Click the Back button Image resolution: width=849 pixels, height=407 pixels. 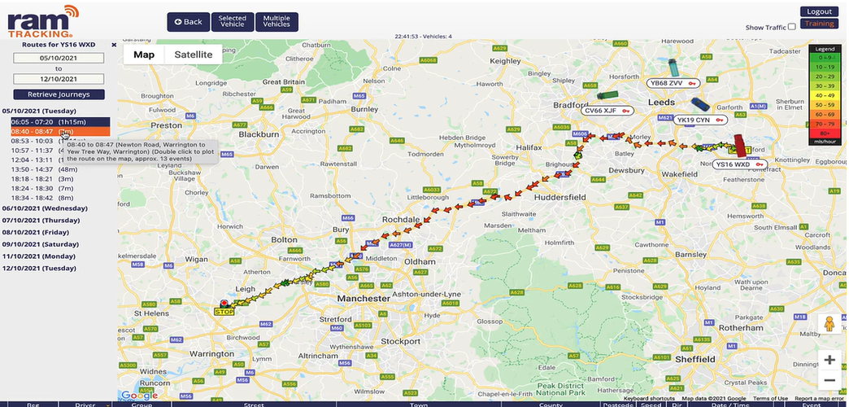pos(187,22)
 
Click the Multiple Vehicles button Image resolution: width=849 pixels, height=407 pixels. pos(276,22)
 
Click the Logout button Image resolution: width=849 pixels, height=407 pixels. pos(818,11)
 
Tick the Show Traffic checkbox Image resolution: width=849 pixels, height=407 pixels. pos(792,27)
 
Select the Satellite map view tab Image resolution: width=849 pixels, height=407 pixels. pos(193,55)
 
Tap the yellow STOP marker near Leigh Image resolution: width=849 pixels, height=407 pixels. pos(224,311)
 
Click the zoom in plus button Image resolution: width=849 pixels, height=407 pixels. pos(829,360)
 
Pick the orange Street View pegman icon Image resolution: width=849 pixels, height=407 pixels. pos(829,323)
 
